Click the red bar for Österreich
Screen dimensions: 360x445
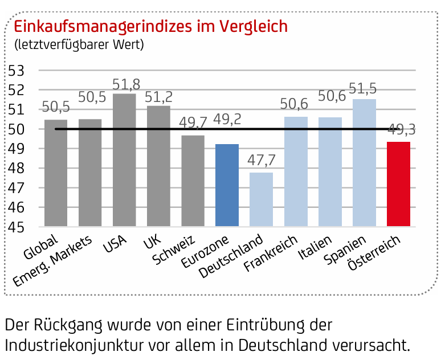click(x=398, y=184)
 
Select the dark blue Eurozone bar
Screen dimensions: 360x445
click(x=227, y=185)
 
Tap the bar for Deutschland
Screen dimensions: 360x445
click(x=261, y=199)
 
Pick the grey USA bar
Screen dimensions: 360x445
click(x=124, y=160)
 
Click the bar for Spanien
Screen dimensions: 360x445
click(x=364, y=163)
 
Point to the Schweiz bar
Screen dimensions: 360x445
click(x=193, y=181)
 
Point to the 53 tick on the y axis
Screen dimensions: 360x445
click(x=15, y=70)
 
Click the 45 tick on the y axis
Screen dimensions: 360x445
click(x=15, y=227)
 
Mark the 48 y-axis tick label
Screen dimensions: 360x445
click(x=15, y=168)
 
